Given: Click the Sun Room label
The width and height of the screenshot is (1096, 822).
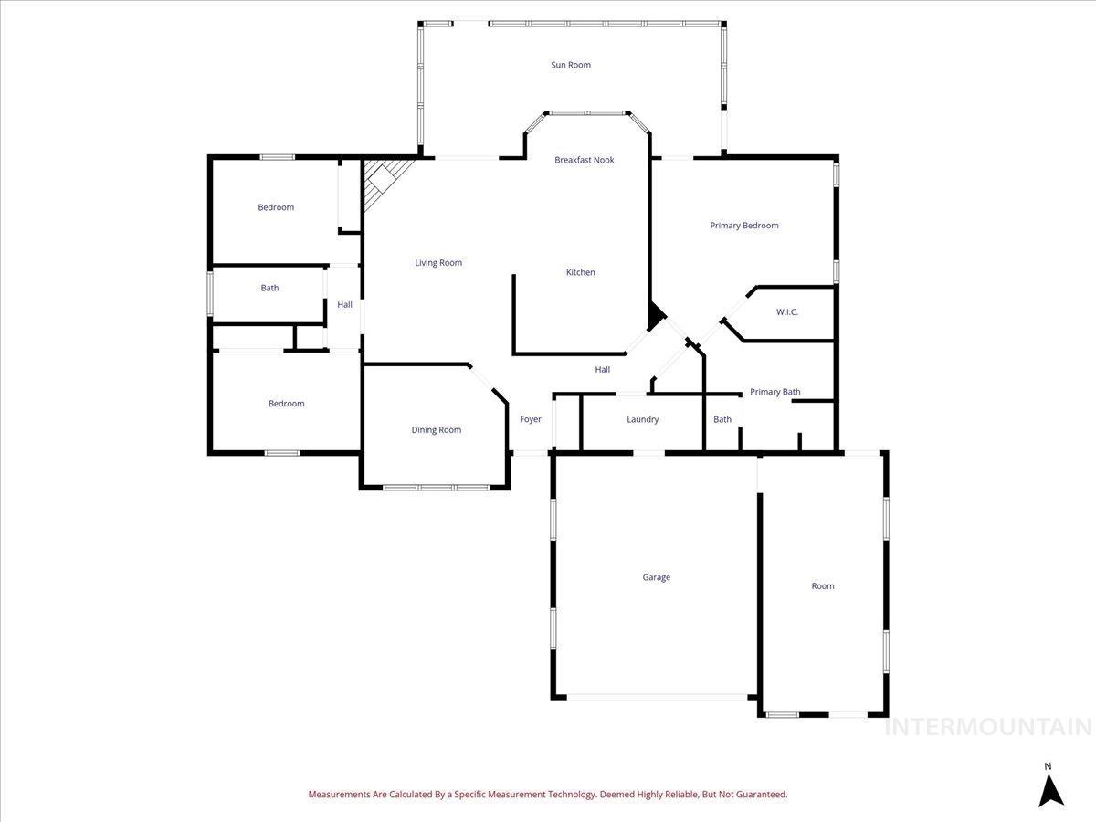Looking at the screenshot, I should click(x=570, y=65).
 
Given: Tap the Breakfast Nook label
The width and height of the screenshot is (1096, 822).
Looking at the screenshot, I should click(x=585, y=160).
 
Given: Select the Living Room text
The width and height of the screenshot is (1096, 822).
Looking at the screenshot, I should click(x=438, y=263).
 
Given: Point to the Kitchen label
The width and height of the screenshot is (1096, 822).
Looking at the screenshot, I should click(x=580, y=272).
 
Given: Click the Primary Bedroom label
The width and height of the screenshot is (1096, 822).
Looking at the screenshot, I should click(x=744, y=226).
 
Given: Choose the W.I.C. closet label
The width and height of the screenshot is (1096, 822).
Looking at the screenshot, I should click(x=787, y=312).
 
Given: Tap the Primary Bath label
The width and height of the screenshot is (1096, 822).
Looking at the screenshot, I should click(x=775, y=392).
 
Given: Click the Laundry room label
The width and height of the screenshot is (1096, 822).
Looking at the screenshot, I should click(x=642, y=420).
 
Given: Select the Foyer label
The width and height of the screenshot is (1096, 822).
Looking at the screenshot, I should click(x=531, y=420).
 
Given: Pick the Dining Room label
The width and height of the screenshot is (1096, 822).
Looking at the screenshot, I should click(x=436, y=430).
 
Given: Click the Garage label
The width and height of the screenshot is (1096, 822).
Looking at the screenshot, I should click(x=656, y=577).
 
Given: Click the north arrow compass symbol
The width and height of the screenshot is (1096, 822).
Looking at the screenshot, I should click(x=1050, y=791).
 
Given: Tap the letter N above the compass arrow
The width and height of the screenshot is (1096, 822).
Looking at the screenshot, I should click(x=1049, y=766).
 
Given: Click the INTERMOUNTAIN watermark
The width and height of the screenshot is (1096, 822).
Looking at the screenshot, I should click(x=987, y=727).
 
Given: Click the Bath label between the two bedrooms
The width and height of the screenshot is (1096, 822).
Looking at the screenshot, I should click(x=269, y=288).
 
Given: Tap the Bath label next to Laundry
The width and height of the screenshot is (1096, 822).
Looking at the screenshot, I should click(x=722, y=420).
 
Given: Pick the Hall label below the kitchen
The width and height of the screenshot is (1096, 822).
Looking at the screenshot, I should click(x=603, y=370).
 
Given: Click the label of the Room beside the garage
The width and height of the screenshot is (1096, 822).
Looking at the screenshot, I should click(x=823, y=586).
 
